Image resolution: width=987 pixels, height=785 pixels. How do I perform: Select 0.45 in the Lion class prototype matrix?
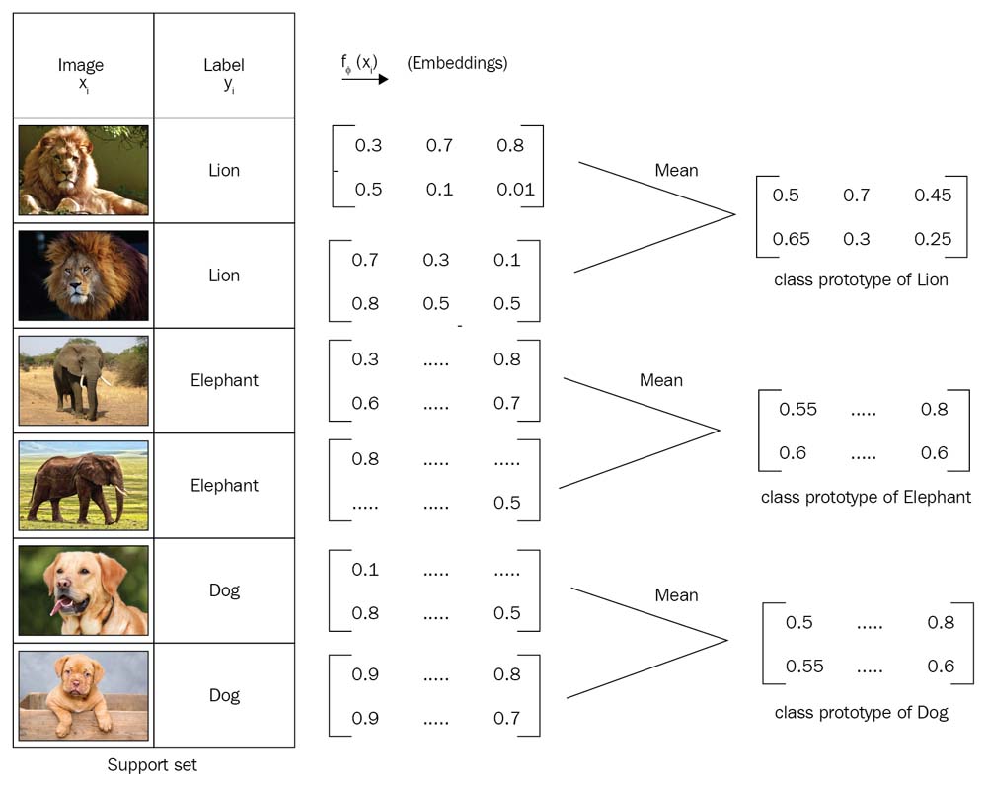point(933,196)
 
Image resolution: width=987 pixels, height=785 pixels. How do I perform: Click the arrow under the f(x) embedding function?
point(364,79)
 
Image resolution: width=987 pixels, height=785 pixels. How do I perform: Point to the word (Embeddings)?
point(457,64)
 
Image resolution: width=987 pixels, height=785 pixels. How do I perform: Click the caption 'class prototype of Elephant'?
point(866,497)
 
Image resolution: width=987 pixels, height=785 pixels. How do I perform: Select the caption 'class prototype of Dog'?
point(861,712)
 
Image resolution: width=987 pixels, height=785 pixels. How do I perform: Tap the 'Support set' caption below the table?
point(152,764)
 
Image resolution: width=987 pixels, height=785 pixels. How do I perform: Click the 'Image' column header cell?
point(81,73)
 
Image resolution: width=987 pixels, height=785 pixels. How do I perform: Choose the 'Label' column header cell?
point(224,73)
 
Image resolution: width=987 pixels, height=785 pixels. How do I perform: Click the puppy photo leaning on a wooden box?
point(83,695)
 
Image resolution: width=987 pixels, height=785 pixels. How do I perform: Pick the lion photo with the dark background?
point(83,275)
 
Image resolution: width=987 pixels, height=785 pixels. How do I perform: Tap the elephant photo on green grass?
point(83,485)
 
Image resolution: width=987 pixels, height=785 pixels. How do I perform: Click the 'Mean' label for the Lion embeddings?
point(676,170)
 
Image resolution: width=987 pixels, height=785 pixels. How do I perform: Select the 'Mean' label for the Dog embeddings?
point(676,595)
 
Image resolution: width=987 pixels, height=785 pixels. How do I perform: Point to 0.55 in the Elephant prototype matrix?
point(799,408)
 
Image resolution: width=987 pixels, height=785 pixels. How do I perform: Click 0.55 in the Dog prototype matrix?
point(804,666)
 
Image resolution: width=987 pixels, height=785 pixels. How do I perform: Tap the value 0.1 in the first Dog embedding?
point(365,570)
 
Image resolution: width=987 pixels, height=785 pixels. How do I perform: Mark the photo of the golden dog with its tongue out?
point(83,590)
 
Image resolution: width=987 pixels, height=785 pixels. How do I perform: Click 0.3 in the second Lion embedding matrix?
point(436,260)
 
